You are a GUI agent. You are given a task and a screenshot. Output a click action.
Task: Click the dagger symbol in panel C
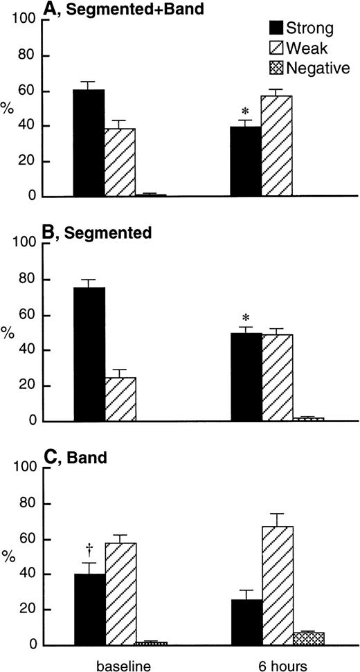click(89, 547)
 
